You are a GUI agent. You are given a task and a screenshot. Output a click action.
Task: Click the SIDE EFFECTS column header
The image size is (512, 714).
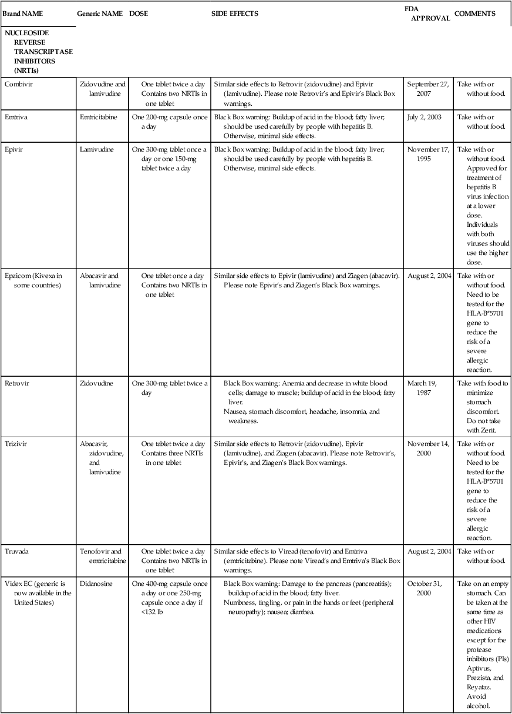pyautogui.click(x=234, y=14)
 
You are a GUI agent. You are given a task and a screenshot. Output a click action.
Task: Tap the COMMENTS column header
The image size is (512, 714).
pyautogui.click(x=474, y=14)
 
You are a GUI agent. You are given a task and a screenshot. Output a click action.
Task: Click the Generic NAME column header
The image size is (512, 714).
pyautogui.click(x=100, y=14)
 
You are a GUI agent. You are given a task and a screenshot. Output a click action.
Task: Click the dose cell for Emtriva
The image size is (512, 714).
pyautogui.click(x=170, y=122)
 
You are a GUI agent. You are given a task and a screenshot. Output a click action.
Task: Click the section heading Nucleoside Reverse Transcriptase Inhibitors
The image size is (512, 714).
pyautogui.click(x=39, y=52)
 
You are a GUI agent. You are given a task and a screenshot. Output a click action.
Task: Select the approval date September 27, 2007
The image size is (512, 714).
pyautogui.click(x=427, y=88)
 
